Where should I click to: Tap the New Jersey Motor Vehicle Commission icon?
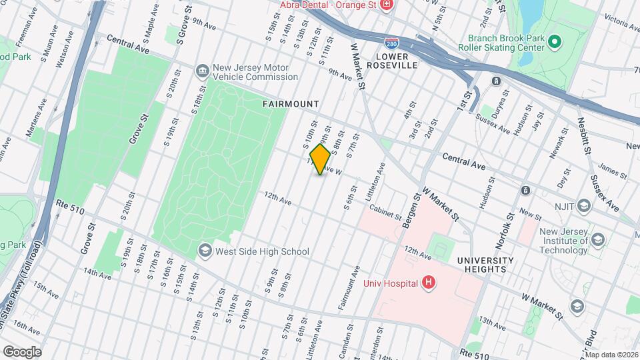click(201, 71)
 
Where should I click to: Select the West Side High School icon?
click(205, 251)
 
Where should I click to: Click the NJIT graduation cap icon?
click(584, 205)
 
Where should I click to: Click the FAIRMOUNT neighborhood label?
click(290, 104)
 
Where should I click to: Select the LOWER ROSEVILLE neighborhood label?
click(392, 61)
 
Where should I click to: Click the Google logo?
click(21, 351)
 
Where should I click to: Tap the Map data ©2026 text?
click(611, 355)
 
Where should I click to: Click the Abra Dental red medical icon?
click(385, 5)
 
